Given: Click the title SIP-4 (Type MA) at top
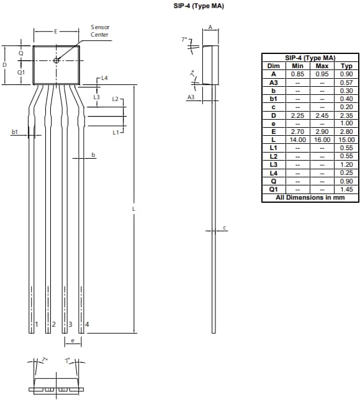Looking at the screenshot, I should click(199, 6).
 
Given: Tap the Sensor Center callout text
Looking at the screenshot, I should click(100, 31).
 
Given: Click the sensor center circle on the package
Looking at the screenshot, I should click(56, 60).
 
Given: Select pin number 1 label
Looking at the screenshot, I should click(37, 324).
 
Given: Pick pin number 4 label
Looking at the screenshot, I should click(87, 324).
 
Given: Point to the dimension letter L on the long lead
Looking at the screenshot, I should click(133, 210).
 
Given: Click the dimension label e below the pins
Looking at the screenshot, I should click(73, 341).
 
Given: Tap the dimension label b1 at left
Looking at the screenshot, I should click(14, 132).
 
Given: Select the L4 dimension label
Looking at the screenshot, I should click(104, 79).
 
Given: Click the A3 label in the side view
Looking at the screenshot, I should click(191, 98).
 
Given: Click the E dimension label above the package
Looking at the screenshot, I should click(56, 30).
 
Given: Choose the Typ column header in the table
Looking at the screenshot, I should click(347, 66).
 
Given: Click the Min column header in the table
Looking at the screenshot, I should click(297, 66).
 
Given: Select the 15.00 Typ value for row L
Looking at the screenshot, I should click(347, 140).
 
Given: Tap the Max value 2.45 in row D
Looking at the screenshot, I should click(322, 115).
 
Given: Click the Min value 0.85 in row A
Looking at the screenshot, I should click(297, 74).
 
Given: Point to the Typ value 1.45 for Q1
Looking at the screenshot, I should click(347, 189).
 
